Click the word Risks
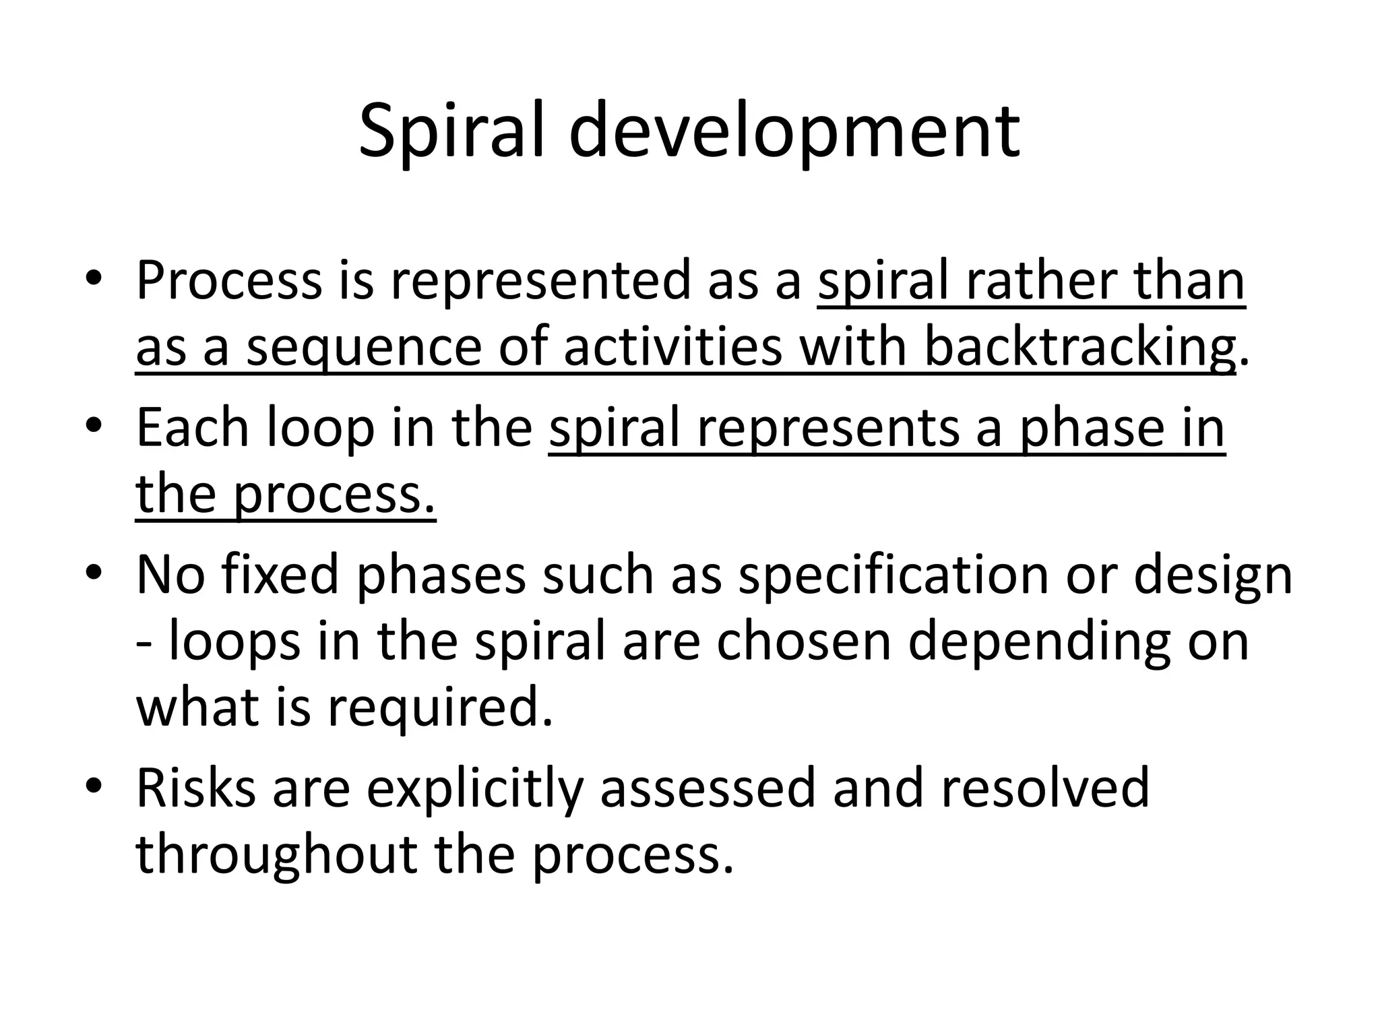[196, 788]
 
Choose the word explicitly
[474, 788]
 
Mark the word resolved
[1045, 788]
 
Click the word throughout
[276, 854]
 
